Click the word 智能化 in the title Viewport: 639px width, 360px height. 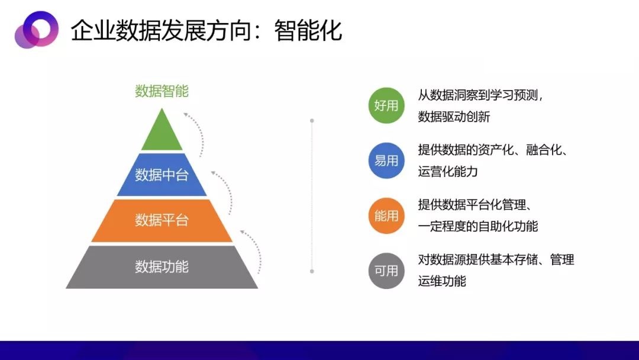click(x=308, y=30)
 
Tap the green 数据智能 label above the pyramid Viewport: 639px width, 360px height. click(x=162, y=91)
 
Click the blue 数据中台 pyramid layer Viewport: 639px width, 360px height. click(x=162, y=175)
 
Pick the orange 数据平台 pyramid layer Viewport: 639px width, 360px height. click(x=162, y=221)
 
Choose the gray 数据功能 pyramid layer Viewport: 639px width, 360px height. click(x=162, y=267)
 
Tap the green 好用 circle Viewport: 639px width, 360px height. click(x=386, y=105)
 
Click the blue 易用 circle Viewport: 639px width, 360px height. click(x=386, y=160)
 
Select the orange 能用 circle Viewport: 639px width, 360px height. click(x=386, y=216)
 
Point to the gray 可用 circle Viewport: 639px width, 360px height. click(x=386, y=271)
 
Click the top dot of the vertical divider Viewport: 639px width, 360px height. click(x=312, y=121)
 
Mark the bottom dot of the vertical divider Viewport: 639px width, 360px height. click(x=312, y=271)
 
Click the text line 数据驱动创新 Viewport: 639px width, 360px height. click(x=454, y=117)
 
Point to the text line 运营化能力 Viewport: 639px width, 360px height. click(x=448, y=171)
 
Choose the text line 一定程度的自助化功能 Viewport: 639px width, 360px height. click(x=478, y=226)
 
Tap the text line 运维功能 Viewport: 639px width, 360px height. click(x=442, y=281)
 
